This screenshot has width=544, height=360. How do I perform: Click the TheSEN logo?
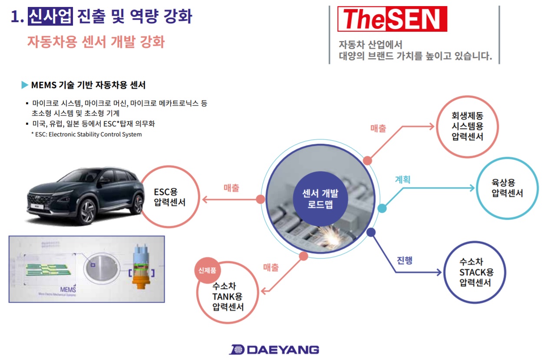392,19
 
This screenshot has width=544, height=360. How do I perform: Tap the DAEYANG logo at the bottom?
274,350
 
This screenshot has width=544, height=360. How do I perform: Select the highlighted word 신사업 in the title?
50,17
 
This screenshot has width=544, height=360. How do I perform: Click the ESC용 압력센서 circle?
170,197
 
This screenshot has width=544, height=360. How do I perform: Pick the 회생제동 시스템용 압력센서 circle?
468,126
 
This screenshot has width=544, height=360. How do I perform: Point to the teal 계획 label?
402,179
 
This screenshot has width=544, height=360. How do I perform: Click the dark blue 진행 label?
405,260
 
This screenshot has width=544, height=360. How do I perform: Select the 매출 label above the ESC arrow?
231,188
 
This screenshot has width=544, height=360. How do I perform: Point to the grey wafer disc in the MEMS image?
101,268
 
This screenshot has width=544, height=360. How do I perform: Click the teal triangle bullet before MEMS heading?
25,85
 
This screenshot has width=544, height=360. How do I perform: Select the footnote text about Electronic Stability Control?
86,134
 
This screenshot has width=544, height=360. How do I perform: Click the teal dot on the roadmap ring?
382,208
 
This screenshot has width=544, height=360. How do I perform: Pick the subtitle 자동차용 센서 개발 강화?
96,42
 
